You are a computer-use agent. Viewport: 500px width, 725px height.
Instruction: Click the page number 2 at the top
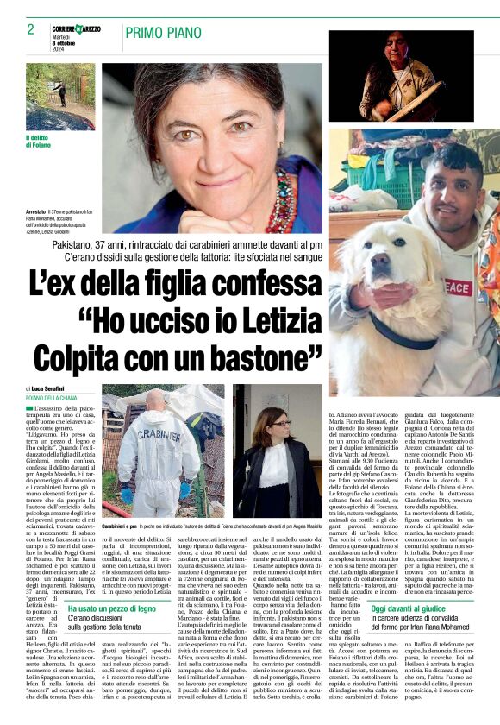[x=30, y=29]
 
